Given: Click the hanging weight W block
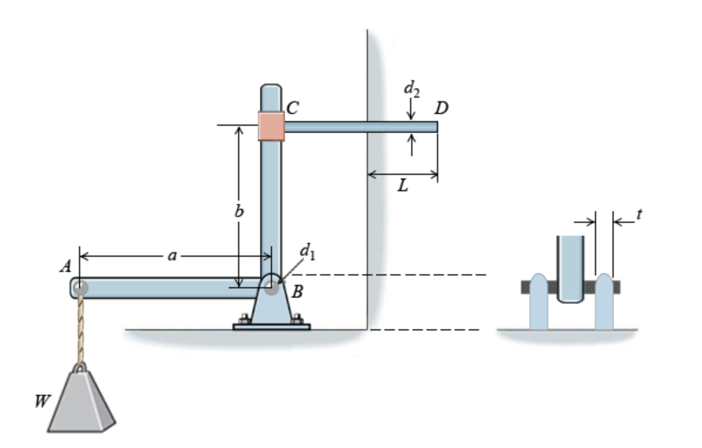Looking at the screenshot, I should point(81,404).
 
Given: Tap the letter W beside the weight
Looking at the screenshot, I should point(42,401).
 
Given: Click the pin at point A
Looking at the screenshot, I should point(80,288).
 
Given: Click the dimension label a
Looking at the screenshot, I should point(171,256).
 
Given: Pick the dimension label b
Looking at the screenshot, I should point(239,211).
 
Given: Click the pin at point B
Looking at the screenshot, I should point(271,288).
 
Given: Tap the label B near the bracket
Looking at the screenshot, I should point(297,292).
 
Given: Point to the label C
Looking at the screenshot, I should point(292,108).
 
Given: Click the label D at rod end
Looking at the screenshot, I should point(442,108).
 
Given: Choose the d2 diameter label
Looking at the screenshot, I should point(411,89).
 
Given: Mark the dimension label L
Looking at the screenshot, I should point(402,187).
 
